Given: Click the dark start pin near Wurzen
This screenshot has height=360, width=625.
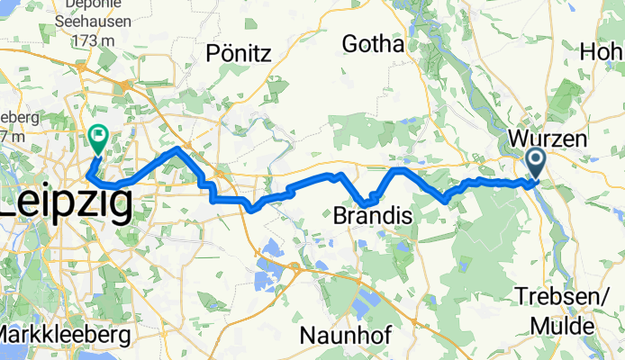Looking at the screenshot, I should (534, 162).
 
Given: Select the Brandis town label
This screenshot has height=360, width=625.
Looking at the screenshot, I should (373, 217).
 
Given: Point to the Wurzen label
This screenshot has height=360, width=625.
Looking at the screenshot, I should (548, 139).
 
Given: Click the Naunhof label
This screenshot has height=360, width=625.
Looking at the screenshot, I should (345, 335).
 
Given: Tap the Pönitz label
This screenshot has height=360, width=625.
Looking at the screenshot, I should (239, 53).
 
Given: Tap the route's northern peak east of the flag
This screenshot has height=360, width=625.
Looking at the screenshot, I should (178, 149).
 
